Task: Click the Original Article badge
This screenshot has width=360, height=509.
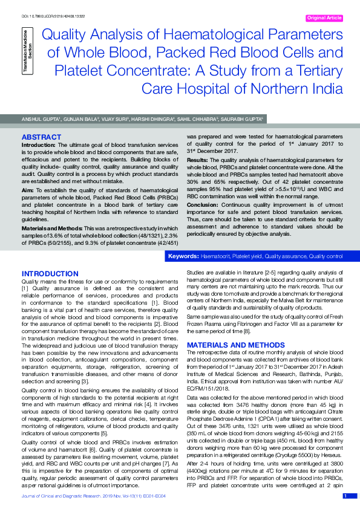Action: pos(326,18)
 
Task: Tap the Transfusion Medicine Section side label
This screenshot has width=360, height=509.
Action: pos(27,56)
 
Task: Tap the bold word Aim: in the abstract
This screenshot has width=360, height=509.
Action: pos(28,190)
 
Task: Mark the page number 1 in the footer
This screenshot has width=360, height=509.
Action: pos(345,496)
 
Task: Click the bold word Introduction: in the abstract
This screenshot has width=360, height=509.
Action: pos(39,146)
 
